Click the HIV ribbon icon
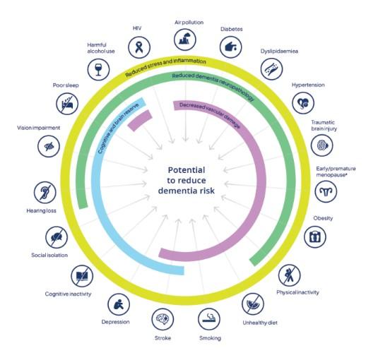pos(139,47)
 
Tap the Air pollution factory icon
pos(185,40)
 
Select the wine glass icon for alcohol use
pos(98,69)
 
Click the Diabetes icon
pos(231,47)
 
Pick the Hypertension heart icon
pos(303,103)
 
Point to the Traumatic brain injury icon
pos(322,145)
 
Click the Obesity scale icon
pos(315,237)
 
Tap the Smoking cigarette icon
pos(209,319)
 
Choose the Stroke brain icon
pos(163,319)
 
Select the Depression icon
pos(119,304)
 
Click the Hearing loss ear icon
pos(45,193)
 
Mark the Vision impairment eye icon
pos(49,146)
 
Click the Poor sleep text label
pos(66,85)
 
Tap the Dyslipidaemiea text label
pos(279,52)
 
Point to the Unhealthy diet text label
pos(260,323)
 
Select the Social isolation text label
pos(49,256)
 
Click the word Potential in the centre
pos(187,170)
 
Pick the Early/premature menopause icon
pos(326,191)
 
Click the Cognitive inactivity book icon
pos(82,276)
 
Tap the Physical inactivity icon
pos(289,275)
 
